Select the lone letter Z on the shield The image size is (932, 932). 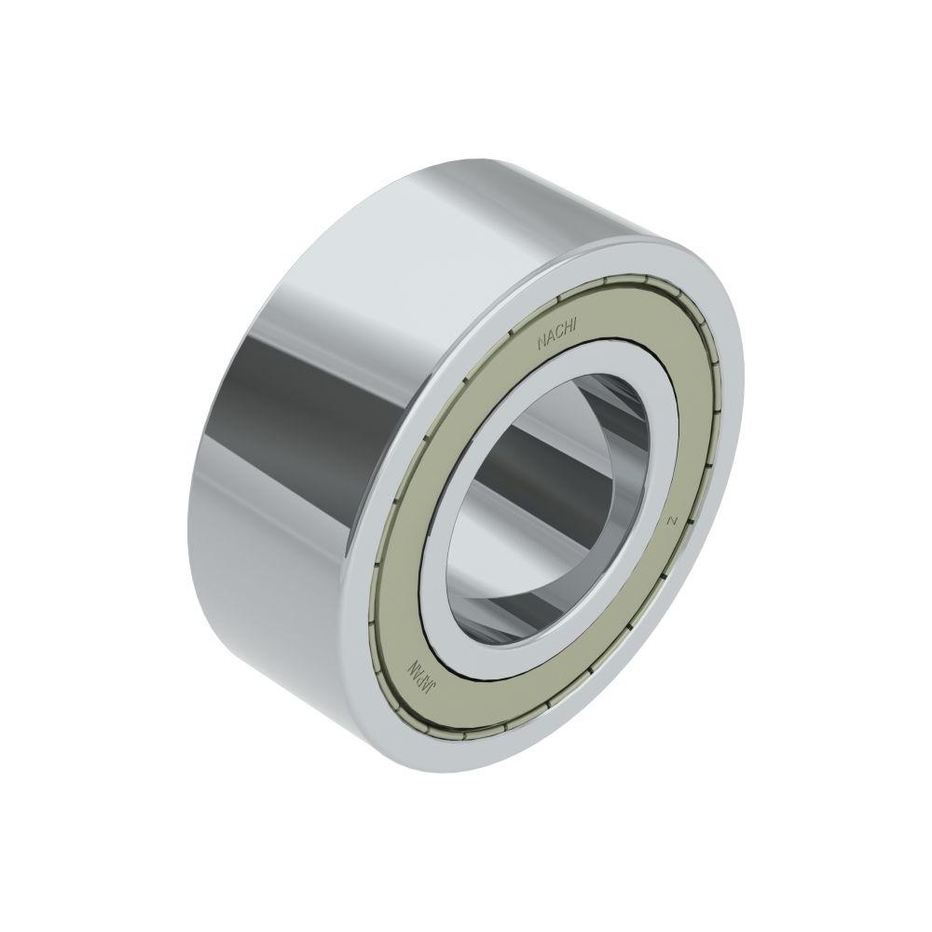673,521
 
